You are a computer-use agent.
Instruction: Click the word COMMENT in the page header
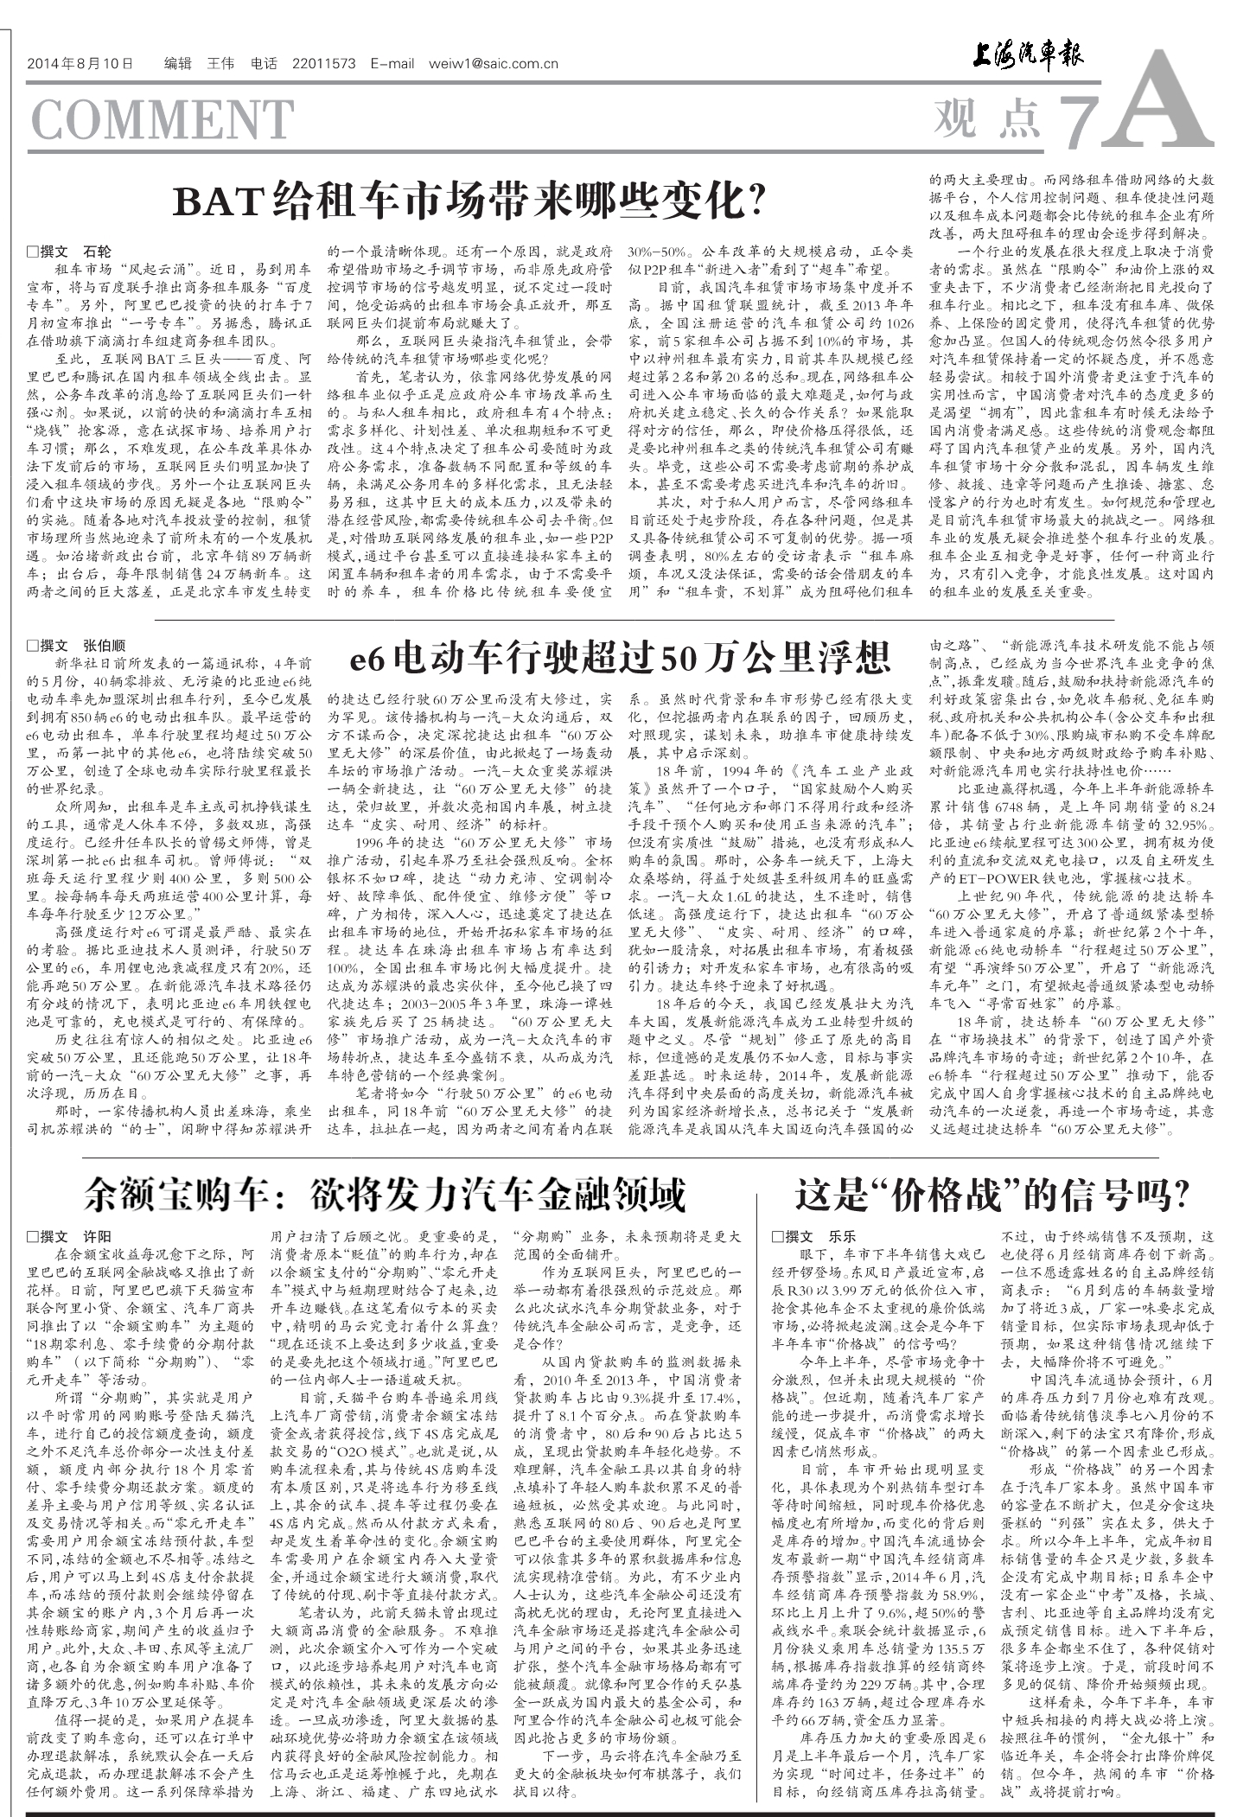tap(162, 120)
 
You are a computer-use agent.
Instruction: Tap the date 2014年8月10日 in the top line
tap(80, 63)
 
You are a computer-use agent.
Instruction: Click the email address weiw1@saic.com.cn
tap(493, 63)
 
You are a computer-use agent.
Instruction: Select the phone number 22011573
tap(324, 63)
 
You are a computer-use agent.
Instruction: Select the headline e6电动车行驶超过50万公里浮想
tap(620, 660)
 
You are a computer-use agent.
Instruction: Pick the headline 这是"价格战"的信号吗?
tap(992, 1194)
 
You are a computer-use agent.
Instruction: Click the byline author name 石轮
tap(97, 252)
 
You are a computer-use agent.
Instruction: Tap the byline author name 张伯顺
tap(104, 646)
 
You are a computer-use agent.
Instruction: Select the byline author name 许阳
tap(97, 1237)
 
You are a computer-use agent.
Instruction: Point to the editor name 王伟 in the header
tap(220, 63)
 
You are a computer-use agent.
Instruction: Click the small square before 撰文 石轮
tap(33, 252)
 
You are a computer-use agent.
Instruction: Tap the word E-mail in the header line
tap(392, 63)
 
